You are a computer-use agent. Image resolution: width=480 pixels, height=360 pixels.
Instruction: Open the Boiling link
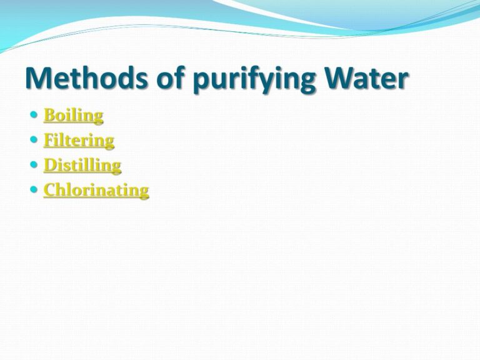pyautogui.click(x=73, y=116)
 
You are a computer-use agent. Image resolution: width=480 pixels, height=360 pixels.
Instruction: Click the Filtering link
pyautogui.click(x=79, y=141)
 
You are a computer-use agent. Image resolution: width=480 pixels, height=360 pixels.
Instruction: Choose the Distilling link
pyautogui.click(x=82, y=166)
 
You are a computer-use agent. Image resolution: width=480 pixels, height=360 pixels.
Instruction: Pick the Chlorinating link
pyautogui.click(x=96, y=190)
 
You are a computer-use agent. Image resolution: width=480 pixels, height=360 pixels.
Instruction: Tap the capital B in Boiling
pyautogui.click(x=49, y=116)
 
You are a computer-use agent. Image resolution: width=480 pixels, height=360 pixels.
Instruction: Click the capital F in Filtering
pyautogui.click(x=49, y=141)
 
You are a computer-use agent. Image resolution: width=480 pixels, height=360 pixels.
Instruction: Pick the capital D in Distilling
pyautogui.click(x=49, y=166)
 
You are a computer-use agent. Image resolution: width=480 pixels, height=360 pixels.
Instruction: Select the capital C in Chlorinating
pyautogui.click(x=49, y=190)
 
